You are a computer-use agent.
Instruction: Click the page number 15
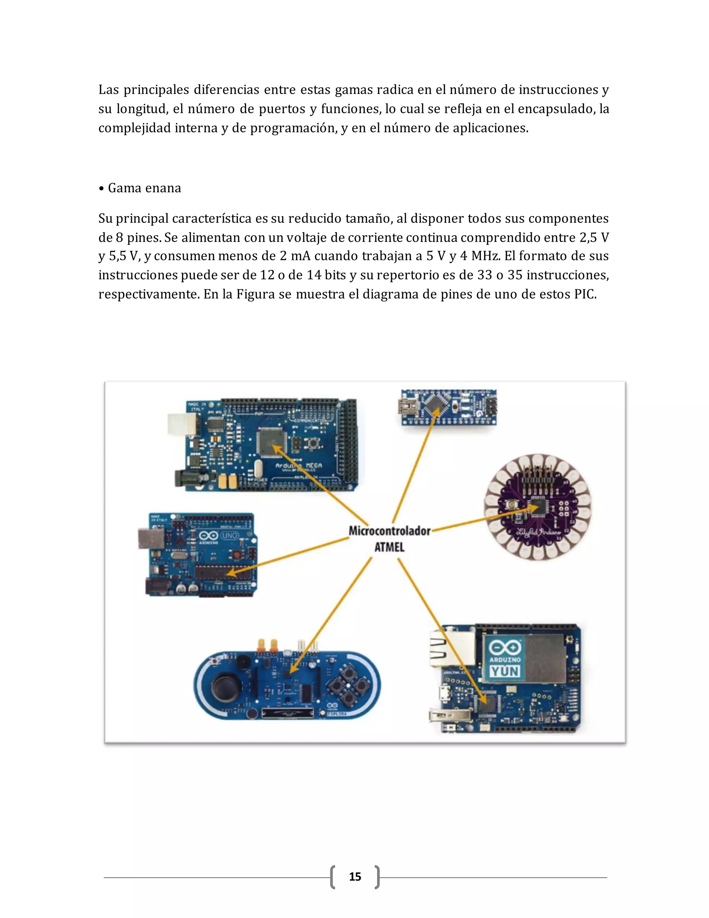(x=355, y=876)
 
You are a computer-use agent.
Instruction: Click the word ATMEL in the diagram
(x=389, y=547)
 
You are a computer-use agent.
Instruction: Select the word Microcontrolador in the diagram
(x=389, y=531)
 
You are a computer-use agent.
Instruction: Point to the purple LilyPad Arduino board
(x=538, y=507)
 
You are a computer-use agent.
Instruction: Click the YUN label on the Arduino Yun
(x=505, y=671)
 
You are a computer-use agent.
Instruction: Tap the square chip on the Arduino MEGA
(x=271, y=442)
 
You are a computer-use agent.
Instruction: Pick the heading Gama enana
(x=144, y=188)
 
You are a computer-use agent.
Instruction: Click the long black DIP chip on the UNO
(x=223, y=572)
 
